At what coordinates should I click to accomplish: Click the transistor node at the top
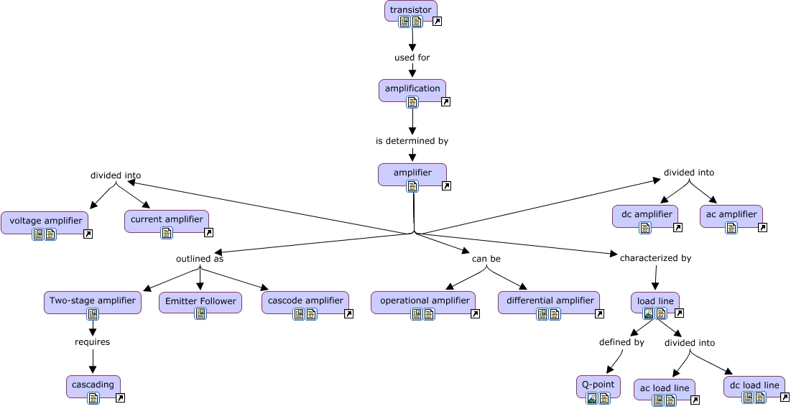(411, 10)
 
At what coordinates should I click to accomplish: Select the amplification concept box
(412, 88)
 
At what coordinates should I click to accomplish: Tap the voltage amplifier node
(45, 220)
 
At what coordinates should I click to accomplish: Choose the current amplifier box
(166, 219)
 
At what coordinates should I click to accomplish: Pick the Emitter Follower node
(200, 301)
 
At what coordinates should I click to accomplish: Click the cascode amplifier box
(305, 300)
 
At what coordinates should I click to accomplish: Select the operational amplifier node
(422, 300)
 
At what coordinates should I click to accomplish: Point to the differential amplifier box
(550, 300)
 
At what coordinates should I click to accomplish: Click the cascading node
(93, 385)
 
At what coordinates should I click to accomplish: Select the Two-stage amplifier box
(92, 300)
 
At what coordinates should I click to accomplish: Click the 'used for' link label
(412, 58)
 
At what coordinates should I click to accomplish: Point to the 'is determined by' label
(412, 141)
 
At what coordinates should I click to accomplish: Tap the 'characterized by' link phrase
(655, 257)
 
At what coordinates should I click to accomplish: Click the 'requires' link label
(93, 342)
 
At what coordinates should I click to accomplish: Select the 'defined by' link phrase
(621, 342)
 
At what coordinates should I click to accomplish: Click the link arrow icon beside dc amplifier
(677, 228)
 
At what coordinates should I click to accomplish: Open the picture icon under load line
(648, 313)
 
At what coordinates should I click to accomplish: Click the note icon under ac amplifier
(731, 228)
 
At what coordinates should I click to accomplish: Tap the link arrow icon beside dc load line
(785, 397)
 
